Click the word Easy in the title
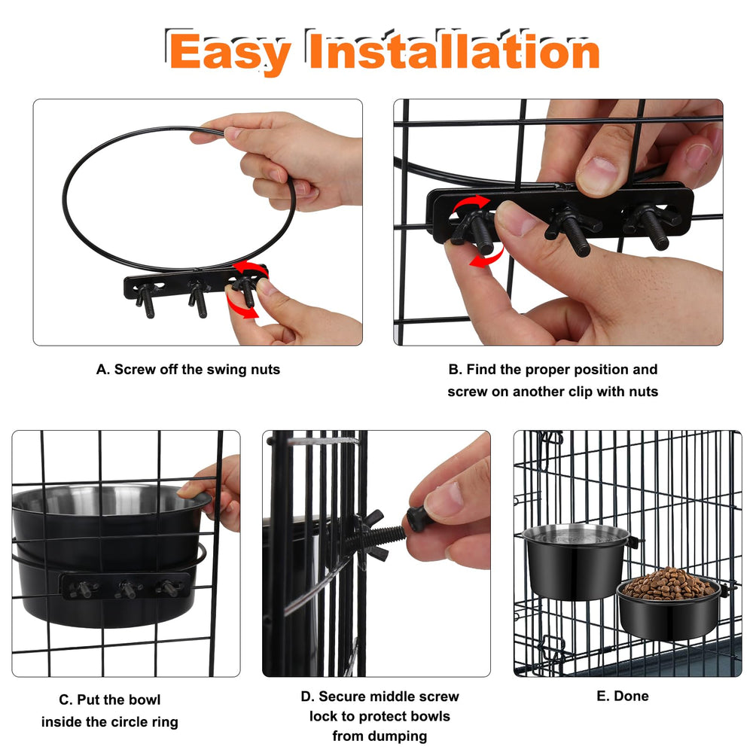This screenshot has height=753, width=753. [x=230, y=53]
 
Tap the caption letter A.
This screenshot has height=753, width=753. [x=102, y=369]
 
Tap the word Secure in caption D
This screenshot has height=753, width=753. [x=340, y=697]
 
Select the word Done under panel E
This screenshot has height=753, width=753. [x=632, y=696]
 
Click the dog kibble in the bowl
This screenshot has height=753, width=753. [x=669, y=583]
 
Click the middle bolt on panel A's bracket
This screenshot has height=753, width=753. [x=198, y=300]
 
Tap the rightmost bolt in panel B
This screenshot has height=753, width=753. [x=652, y=226]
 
